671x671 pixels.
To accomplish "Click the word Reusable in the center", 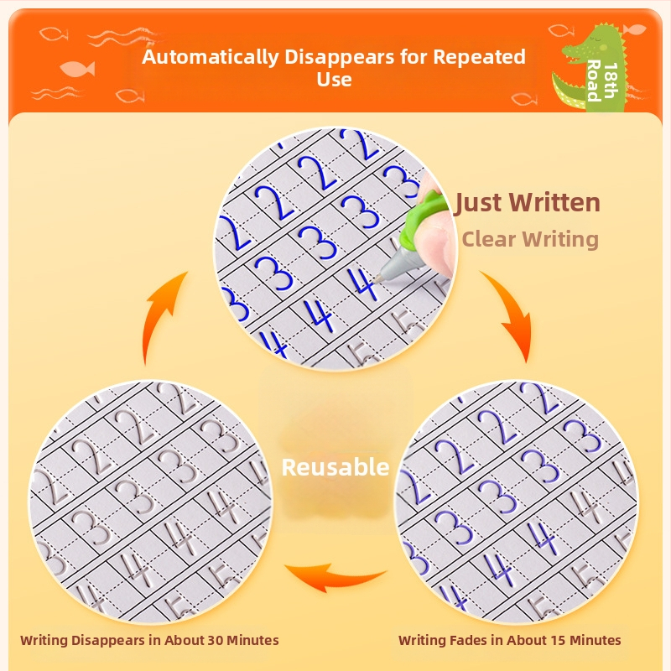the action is [335, 467].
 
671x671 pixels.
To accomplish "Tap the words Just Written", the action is [528, 202].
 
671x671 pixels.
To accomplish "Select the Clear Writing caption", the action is [530, 239].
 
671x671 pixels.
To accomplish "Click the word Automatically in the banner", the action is [211, 57].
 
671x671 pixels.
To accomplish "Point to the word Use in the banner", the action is [334, 80].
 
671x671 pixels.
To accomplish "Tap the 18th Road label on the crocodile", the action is [601, 81].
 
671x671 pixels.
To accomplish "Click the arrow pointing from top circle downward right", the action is [512, 311].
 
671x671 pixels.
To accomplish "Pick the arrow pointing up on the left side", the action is [159, 312].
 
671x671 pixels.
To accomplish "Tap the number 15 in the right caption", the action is [558, 640].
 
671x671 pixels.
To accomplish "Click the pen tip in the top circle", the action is [377, 280].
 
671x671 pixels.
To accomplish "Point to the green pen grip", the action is [417, 218].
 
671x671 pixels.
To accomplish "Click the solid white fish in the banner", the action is [77, 69].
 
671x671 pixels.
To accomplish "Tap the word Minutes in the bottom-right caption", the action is [596, 640].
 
